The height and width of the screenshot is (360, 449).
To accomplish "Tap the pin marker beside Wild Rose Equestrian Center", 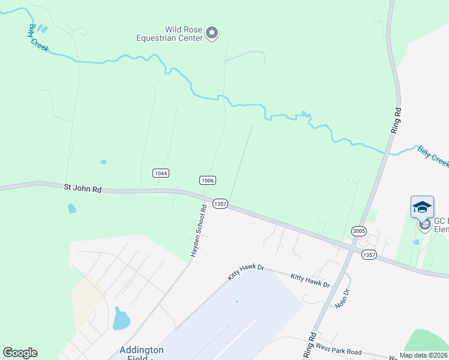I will tap(212, 34).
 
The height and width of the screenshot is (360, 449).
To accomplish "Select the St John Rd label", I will tap(83, 188).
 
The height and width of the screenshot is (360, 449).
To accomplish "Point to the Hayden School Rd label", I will tap(199, 231).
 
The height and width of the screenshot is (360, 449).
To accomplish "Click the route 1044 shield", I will tap(160, 173).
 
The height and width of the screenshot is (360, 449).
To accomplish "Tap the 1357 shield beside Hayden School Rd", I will tap(220, 204).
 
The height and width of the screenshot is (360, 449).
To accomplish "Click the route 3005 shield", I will tap(359, 231).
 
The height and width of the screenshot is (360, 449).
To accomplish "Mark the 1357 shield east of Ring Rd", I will tap(369, 255).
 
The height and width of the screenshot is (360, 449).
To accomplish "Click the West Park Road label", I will tap(339, 350).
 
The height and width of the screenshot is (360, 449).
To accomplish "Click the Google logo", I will tap(20, 353).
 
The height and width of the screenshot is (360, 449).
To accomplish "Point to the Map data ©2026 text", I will tap(423, 355).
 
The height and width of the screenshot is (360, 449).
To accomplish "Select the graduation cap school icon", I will tap(422, 207).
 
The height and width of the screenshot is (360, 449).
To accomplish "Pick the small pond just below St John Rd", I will tap(72, 208).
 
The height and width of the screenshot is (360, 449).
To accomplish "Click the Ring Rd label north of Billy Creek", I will tap(396, 121).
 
